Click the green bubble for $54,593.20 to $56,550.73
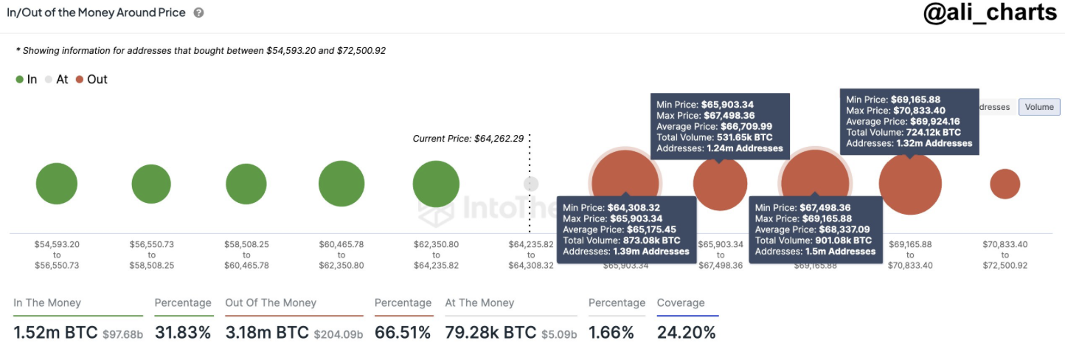[57, 184]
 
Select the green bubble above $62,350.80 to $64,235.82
[436, 184]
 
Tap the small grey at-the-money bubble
[531, 184]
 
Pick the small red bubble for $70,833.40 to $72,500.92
[1005, 184]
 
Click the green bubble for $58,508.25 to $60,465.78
[246, 184]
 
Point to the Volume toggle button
[1038, 107]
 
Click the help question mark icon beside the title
[198, 13]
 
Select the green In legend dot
[19, 80]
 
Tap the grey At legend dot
[49, 80]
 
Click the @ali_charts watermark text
[990, 15]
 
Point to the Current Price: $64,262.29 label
[468, 138]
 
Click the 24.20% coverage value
[686, 333]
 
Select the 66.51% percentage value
[403, 333]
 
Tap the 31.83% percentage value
[183, 333]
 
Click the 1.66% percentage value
[611, 333]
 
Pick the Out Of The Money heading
[271, 302]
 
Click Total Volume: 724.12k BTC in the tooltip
[903, 132]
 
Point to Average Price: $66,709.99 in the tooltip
[715, 126]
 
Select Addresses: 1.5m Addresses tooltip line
[815, 252]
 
